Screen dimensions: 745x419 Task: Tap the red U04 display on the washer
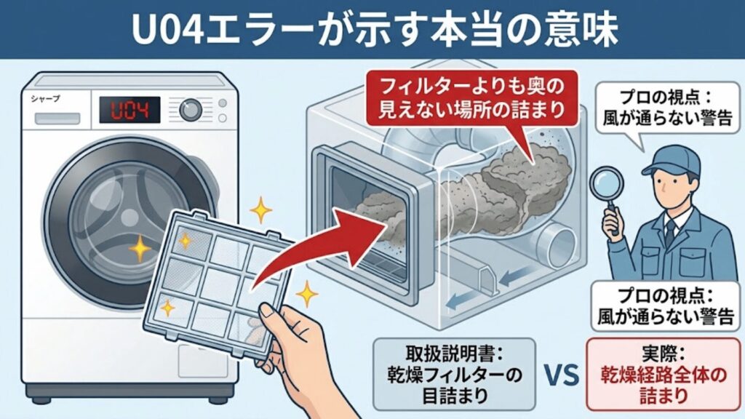click(130, 111)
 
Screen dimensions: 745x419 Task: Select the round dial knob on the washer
click(191, 111)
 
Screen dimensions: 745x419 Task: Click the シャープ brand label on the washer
click(46, 99)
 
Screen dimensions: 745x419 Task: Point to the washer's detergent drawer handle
click(57, 118)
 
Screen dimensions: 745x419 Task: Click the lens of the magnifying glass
click(606, 183)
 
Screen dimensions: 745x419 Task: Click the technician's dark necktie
click(670, 233)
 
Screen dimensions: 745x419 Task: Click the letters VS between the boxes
click(562, 375)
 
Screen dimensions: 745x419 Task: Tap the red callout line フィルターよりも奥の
click(471, 87)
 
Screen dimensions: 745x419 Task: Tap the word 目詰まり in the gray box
click(455, 395)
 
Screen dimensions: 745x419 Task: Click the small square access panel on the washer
click(202, 361)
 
